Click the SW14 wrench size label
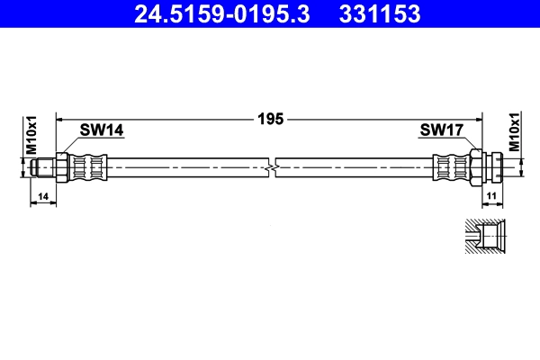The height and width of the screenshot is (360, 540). coord(101,130)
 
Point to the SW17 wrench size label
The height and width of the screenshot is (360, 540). coord(441,130)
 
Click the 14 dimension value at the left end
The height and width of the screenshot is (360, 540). coord(44,193)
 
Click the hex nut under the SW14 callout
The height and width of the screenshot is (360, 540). coord(60,167)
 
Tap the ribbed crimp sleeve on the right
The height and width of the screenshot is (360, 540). coord(449,167)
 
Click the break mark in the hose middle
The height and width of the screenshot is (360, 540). coord(273,167)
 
